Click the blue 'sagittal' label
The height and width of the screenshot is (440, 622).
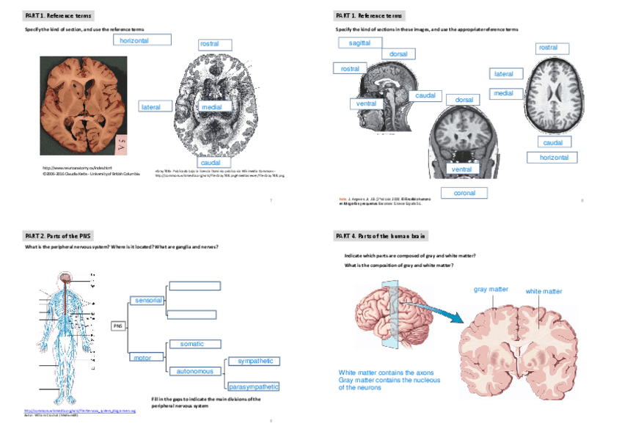(x=359, y=43)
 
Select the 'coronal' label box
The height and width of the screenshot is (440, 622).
(x=464, y=193)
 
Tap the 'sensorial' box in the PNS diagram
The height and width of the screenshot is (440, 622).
(x=148, y=300)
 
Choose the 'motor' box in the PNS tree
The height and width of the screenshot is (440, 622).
(x=142, y=357)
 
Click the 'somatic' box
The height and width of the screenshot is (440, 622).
(x=192, y=343)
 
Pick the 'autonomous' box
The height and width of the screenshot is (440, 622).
(x=194, y=371)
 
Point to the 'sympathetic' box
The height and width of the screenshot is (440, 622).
(x=254, y=361)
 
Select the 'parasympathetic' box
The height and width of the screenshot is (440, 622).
(x=254, y=386)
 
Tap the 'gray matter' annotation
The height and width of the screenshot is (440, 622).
(x=491, y=290)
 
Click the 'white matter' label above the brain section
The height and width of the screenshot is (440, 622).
(x=544, y=291)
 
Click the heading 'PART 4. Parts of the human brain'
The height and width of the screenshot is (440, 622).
(x=381, y=235)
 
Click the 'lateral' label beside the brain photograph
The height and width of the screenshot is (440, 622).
(x=151, y=107)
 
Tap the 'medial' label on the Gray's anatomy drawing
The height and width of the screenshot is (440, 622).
(x=212, y=107)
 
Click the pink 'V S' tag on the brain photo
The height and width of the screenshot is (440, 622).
(x=122, y=143)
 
